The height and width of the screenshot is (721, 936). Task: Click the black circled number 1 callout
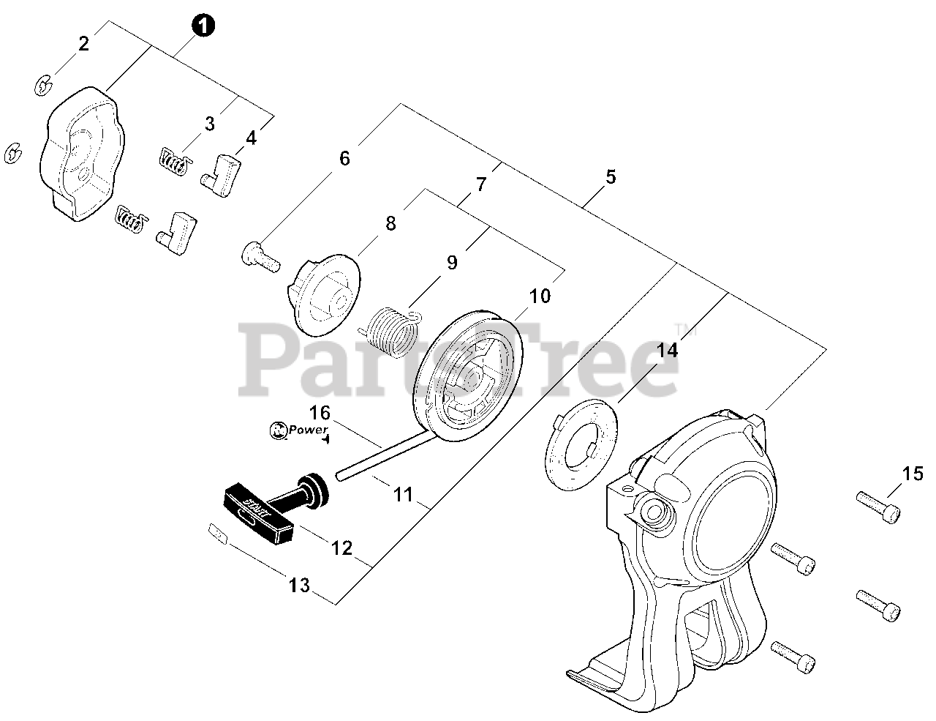tap(203, 26)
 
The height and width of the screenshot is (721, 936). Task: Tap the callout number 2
tap(83, 44)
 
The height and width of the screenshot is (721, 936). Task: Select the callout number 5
tap(611, 177)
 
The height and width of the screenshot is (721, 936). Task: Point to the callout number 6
tap(344, 159)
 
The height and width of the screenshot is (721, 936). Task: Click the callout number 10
tap(540, 296)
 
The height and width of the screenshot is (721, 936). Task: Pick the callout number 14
tap(667, 351)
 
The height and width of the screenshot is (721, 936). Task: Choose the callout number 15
tap(913, 474)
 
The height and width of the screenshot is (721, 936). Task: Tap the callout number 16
tap(320, 412)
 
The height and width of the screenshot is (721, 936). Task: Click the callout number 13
tap(299, 586)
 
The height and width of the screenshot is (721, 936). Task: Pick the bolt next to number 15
tap(877, 506)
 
